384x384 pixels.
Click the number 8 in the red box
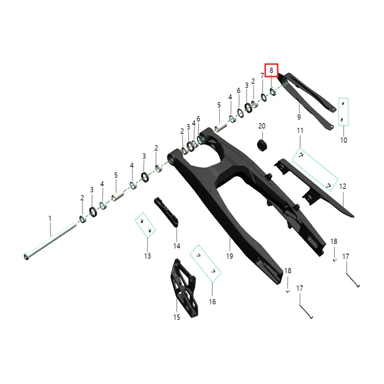point(271,71)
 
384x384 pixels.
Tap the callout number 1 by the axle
point(50,218)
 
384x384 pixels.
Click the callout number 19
point(229,256)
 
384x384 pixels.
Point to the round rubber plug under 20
point(262,145)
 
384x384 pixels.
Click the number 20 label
point(262,126)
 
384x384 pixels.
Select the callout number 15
point(177,317)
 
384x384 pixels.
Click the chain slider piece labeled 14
point(166,212)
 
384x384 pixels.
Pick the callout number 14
point(177,246)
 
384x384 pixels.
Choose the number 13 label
point(147,256)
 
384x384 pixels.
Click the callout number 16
point(212,302)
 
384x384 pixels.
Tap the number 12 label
point(343,186)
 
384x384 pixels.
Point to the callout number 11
point(300,131)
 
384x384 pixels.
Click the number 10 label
point(344,140)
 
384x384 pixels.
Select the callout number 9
point(299,117)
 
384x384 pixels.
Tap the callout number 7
point(262,76)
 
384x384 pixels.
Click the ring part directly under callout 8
point(273,92)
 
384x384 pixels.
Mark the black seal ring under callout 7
point(264,97)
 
